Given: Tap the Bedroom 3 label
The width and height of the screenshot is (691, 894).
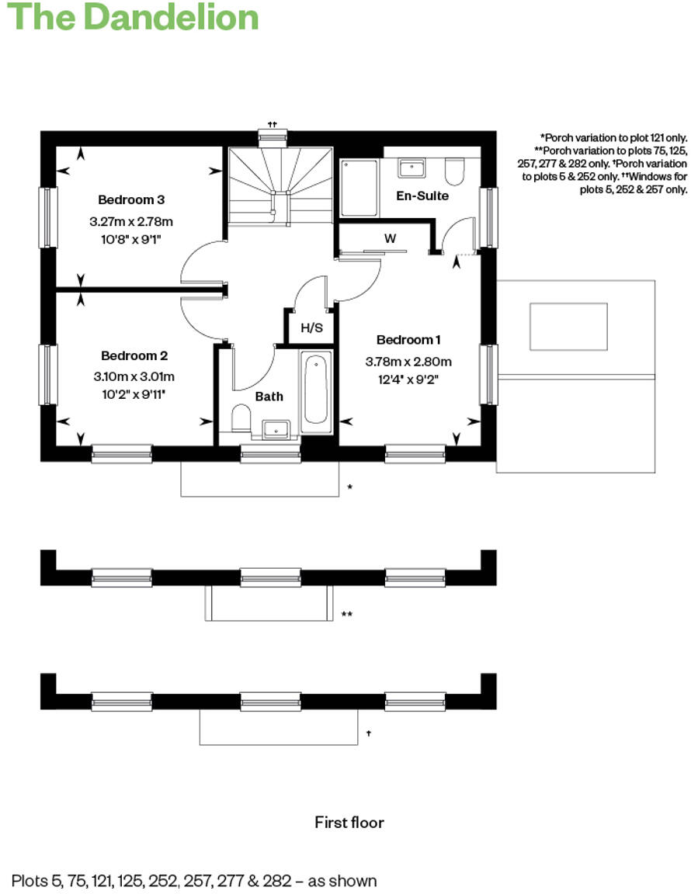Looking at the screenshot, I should click(131, 199).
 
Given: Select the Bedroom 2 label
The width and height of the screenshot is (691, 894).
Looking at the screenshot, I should click(134, 355).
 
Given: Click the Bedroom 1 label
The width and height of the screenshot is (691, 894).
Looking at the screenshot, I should click(408, 340).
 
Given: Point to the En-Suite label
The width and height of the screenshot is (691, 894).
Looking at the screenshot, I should click(422, 196).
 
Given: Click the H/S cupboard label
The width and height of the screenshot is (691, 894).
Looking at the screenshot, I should click(311, 328).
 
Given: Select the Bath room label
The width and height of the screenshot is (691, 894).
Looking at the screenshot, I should click(269, 396).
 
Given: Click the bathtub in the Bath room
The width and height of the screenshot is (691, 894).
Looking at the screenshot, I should click(316, 390).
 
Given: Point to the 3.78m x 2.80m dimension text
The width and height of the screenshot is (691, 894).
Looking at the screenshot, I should click(408, 362).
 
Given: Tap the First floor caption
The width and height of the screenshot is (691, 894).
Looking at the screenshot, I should click(349, 822).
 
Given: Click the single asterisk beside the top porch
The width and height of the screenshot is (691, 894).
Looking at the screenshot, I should click(350, 487).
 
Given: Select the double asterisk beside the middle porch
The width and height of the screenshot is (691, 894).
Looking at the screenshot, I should click(347, 615).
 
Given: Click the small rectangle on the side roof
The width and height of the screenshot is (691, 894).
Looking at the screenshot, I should click(568, 327).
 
